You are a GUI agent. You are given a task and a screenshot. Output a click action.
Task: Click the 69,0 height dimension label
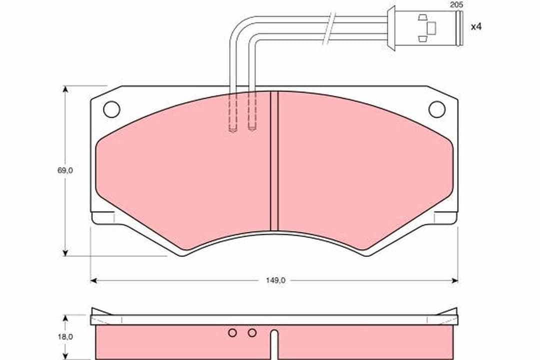tap(65, 170)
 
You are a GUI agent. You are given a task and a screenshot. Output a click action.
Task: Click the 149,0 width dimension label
tap(275, 280)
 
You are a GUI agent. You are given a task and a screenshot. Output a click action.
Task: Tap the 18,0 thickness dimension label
tap(65, 337)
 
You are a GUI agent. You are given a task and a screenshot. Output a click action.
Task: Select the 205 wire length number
tap(456, 5)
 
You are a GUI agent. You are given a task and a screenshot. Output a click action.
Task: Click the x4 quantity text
tap(476, 26)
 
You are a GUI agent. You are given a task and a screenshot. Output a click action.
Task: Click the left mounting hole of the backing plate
tap(111, 109)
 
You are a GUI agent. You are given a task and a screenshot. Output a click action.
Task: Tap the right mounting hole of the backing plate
tap(437, 109)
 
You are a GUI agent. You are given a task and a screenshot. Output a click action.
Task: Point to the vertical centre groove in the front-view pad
tap(274, 161)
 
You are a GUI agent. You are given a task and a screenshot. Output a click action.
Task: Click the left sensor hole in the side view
tap(232, 333)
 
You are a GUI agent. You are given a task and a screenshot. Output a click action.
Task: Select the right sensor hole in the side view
tap(252, 333)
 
